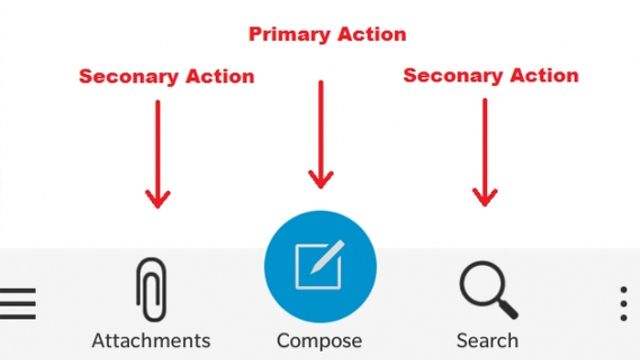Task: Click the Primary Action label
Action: coord(327,34)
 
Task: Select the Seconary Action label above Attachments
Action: coord(167,76)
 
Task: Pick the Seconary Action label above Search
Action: coord(491,76)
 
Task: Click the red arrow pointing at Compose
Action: coord(321,134)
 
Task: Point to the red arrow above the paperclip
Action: coord(158,154)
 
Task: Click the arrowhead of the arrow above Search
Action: coord(485,198)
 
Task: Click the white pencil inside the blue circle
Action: coord(327,257)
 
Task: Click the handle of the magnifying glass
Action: coord(508,309)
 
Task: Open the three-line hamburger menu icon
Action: coord(18,303)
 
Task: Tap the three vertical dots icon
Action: coord(624,303)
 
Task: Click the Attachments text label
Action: coord(151,341)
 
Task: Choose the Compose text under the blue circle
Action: coord(319,341)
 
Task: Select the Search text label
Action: coord(487,341)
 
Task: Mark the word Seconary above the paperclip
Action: coord(129,76)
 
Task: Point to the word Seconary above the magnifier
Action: coord(453,76)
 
